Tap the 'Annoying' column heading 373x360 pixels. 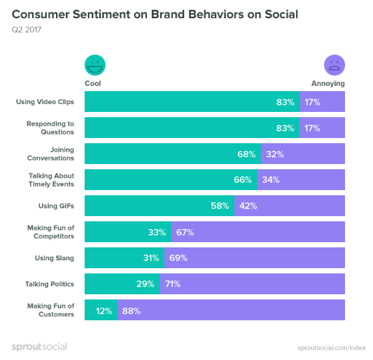click(x=328, y=83)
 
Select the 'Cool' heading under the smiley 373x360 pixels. click(x=93, y=83)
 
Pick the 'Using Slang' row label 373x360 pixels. click(x=54, y=258)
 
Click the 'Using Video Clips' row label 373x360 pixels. click(x=45, y=102)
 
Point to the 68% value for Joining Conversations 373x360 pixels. click(x=246, y=154)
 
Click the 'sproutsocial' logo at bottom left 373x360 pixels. click(x=39, y=346)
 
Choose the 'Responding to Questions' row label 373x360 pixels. click(x=50, y=128)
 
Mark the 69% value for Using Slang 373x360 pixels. click(x=178, y=258)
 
